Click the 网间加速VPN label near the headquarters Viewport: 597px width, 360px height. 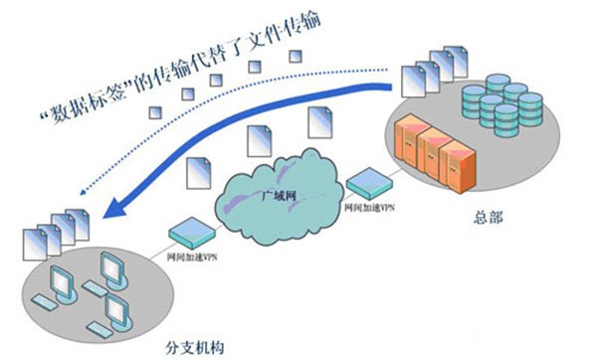pyautogui.click(x=369, y=208)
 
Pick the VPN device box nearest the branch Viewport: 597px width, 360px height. pyautogui.click(x=190, y=233)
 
